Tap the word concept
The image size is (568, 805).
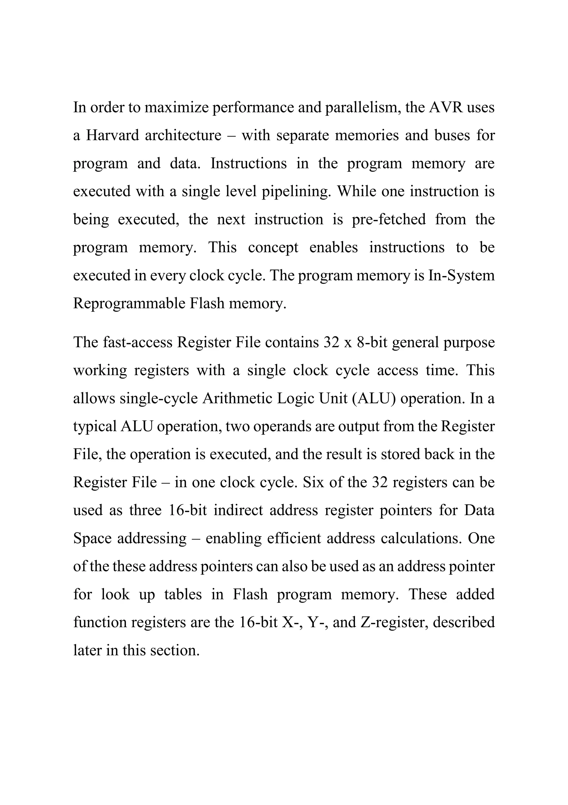pos(273,247)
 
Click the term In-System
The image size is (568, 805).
pos(461,275)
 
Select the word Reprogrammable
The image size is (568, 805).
pos(129,303)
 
